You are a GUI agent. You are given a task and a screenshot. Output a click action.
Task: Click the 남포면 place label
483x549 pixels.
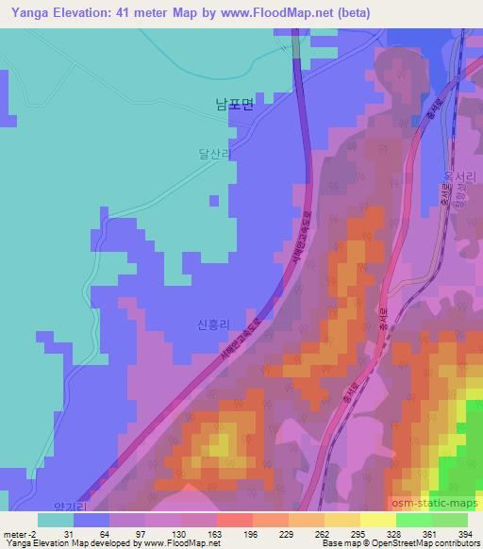(x=234, y=106)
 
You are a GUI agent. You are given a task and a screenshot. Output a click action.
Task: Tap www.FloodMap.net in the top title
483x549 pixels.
(x=289, y=13)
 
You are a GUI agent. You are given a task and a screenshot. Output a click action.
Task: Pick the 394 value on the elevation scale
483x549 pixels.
(x=468, y=532)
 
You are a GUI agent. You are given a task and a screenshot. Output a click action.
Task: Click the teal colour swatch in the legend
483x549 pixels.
(x=56, y=520)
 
